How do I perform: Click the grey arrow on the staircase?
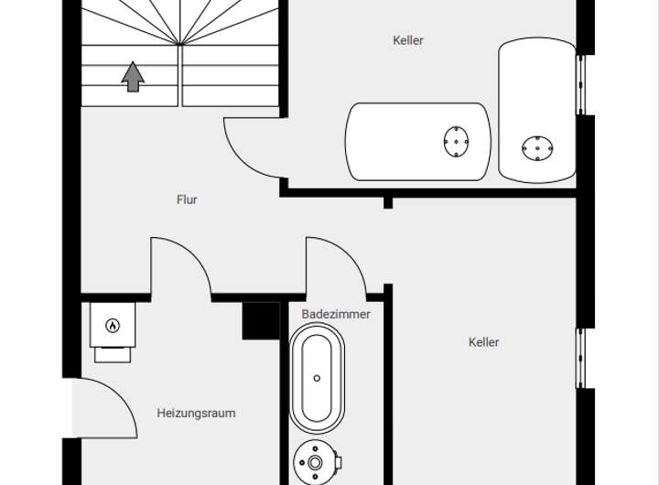click(x=133, y=77)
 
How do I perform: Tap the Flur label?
click(x=187, y=199)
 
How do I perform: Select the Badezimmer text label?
click(x=336, y=314)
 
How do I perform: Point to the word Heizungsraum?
click(x=196, y=413)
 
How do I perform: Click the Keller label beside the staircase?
click(x=408, y=40)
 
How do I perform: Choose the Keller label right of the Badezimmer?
click(x=483, y=342)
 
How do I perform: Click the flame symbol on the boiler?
click(x=113, y=325)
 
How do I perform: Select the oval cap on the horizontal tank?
click(x=456, y=142)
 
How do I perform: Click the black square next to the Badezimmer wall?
click(x=260, y=320)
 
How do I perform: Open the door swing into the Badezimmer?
click(x=336, y=267)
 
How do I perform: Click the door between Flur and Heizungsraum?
click(x=180, y=268)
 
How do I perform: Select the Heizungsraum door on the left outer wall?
click(x=99, y=408)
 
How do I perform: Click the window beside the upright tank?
click(x=580, y=84)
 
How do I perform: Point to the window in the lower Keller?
click(x=580, y=357)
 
